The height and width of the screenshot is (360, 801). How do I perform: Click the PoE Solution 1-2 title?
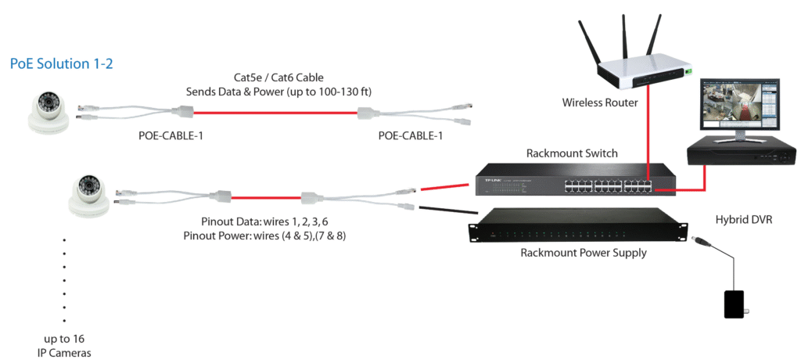(61, 63)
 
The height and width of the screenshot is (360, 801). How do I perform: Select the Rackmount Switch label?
(572, 153)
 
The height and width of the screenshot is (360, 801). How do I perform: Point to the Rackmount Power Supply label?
(584, 253)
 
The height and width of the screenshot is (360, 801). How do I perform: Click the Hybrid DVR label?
(744, 220)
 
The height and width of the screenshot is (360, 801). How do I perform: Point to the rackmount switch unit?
(574, 182)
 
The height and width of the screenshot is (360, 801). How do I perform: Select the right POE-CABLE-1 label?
(411, 136)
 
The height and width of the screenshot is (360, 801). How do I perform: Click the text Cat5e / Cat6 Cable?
(278, 77)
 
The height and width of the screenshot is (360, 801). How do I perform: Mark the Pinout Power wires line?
(264, 235)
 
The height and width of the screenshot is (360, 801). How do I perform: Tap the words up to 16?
(64, 338)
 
